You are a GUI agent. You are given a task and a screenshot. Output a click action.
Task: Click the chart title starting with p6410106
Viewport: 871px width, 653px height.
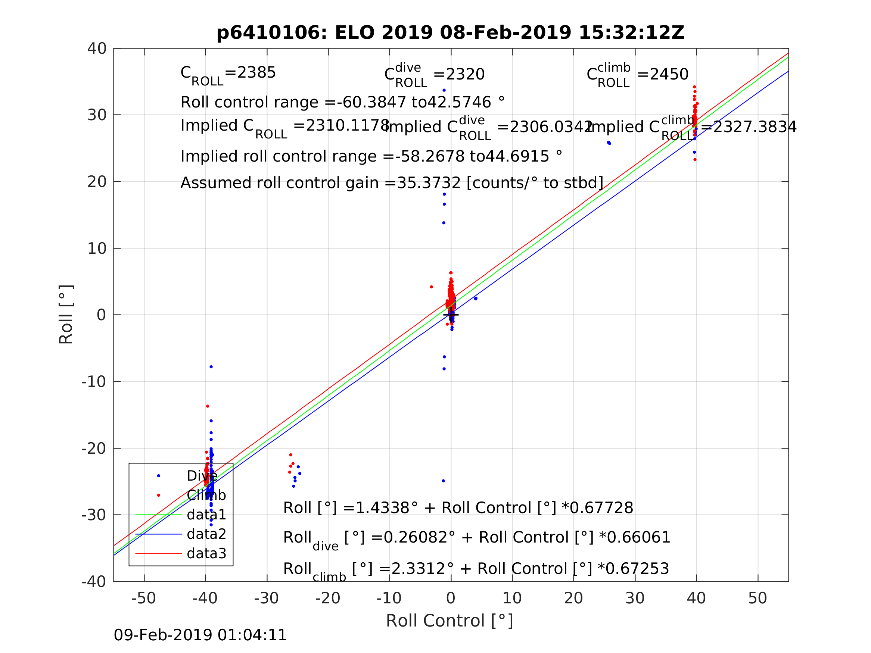(451, 33)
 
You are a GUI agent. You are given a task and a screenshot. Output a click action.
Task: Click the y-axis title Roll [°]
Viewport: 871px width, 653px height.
(66, 315)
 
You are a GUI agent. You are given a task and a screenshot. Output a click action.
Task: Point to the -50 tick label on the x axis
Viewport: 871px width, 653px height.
(143, 598)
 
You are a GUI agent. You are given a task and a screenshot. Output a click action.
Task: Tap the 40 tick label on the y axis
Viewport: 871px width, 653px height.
(97, 49)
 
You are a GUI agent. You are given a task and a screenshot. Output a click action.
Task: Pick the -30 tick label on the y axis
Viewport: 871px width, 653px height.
(94, 515)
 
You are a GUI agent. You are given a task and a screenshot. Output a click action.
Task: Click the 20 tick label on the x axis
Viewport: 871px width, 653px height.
(573, 598)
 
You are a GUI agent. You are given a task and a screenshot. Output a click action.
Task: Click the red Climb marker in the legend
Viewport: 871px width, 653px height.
(159, 495)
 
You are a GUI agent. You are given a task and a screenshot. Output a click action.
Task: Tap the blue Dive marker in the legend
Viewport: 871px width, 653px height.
(159, 476)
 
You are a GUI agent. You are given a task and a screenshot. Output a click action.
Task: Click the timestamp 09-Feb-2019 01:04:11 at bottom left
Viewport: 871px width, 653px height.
(200, 635)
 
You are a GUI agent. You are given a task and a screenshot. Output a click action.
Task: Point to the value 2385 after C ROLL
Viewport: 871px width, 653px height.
(256, 73)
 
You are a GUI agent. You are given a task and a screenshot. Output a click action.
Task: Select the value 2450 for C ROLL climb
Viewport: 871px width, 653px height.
(669, 74)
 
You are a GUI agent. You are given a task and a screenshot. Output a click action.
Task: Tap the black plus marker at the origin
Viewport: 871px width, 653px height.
(451, 315)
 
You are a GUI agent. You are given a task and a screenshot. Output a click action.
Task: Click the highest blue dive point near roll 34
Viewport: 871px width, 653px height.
(444, 91)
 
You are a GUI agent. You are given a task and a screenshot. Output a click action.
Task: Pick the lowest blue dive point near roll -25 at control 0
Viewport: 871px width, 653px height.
(444, 481)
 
